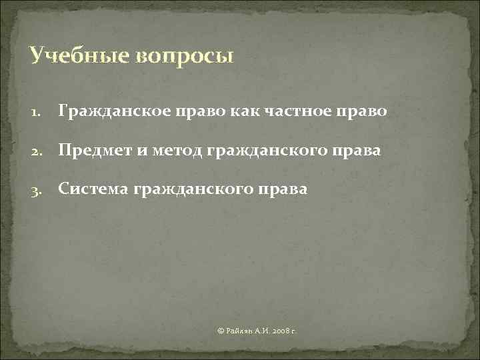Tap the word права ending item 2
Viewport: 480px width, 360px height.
click(x=359, y=151)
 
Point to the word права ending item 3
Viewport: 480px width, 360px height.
click(x=286, y=190)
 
